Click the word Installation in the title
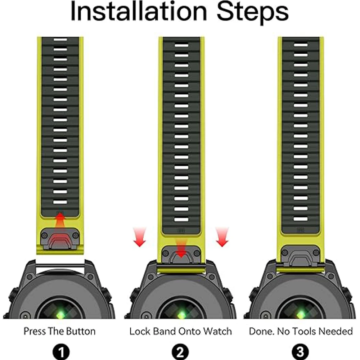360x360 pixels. click(139, 11)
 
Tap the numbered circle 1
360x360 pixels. click(61, 352)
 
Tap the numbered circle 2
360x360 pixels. click(180, 352)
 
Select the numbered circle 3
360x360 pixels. click(300, 352)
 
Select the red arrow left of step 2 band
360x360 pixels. click(140, 237)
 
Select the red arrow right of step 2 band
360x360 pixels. click(222, 237)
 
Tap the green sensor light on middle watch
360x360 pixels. click(181, 314)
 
